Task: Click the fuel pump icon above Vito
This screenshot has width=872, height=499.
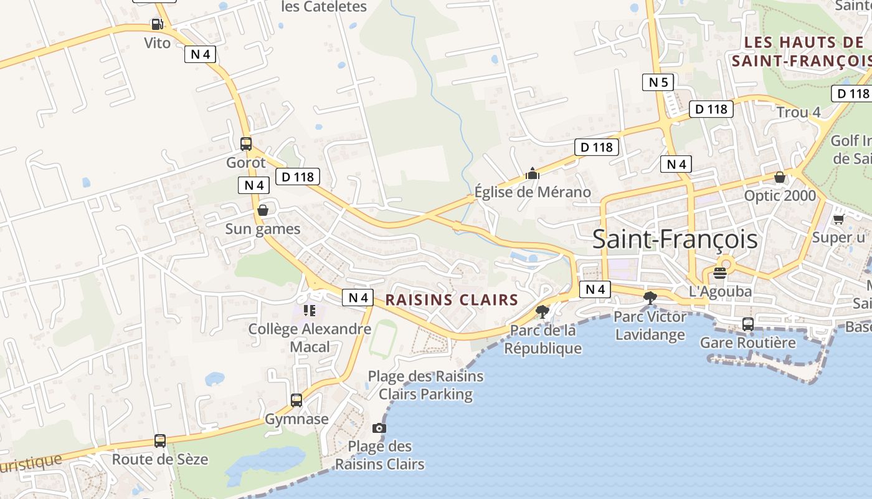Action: pyautogui.click(x=157, y=25)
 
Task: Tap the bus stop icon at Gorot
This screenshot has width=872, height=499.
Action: pyautogui.click(x=246, y=144)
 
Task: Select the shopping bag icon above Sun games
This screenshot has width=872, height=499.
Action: pyautogui.click(x=263, y=210)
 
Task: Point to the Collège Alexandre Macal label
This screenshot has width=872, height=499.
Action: pyautogui.click(x=310, y=337)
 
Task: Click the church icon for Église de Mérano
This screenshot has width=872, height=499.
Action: pyautogui.click(x=533, y=173)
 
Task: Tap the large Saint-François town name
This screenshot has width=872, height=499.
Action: pyautogui.click(x=675, y=240)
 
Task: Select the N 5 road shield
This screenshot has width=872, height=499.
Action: pyautogui.click(x=658, y=82)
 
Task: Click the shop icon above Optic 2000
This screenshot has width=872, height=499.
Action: pyautogui.click(x=779, y=177)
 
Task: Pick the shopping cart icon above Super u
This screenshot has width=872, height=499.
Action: pyautogui.click(x=838, y=219)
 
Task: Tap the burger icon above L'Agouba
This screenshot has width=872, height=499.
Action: pyautogui.click(x=720, y=273)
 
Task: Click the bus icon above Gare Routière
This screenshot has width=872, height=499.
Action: pyautogui.click(x=747, y=324)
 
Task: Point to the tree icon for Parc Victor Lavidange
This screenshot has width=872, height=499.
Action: pyautogui.click(x=650, y=298)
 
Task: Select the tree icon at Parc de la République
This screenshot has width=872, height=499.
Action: pyautogui.click(x=543, y=311)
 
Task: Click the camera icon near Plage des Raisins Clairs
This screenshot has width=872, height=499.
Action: pyautogui.click(x=379, y=428)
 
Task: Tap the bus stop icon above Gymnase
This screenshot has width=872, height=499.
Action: pyautogui.click(x=296, y=400)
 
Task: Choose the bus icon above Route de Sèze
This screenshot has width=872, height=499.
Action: pyautogui.click(x=160, y=441)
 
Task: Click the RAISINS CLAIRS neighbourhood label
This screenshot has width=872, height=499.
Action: pyautogui.click(x=452, y=300)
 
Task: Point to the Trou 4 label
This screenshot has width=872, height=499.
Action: pyautogui.click(x=799, y=112)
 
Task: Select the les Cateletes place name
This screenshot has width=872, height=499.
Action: pyautogui.click(x=325, y=7)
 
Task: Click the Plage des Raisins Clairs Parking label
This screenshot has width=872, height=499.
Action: pyautogui.click(x=425, y=385)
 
